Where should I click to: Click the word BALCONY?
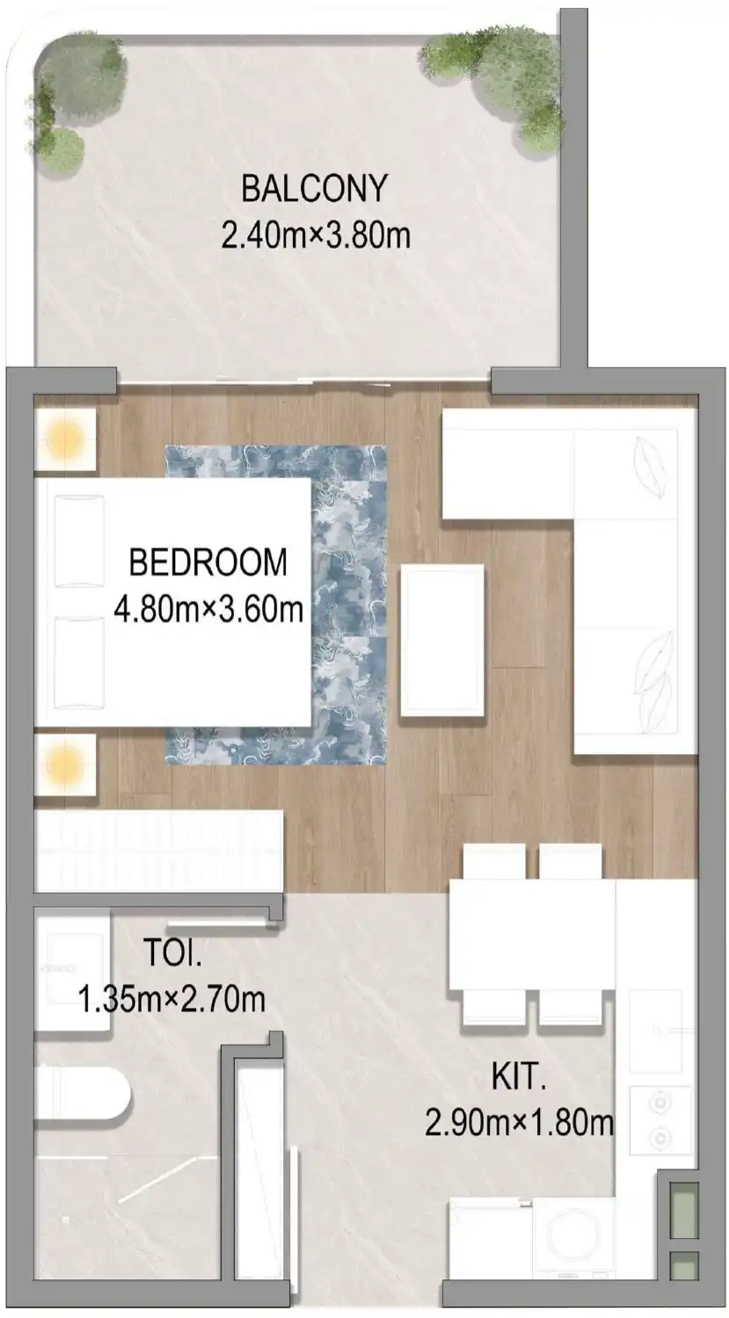(314, 188)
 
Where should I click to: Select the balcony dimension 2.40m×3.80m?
(316, 235)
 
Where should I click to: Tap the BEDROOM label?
(208, 562)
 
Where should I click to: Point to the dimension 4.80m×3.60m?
(208, 608)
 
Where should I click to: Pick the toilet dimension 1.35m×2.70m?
(171, 999)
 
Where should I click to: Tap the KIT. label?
(519, 1076)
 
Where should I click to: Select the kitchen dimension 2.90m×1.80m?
(519, 1122)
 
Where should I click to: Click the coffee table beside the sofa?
(441, 641)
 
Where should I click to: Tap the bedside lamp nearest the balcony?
(64, 437)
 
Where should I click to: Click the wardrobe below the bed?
(158, 851)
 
